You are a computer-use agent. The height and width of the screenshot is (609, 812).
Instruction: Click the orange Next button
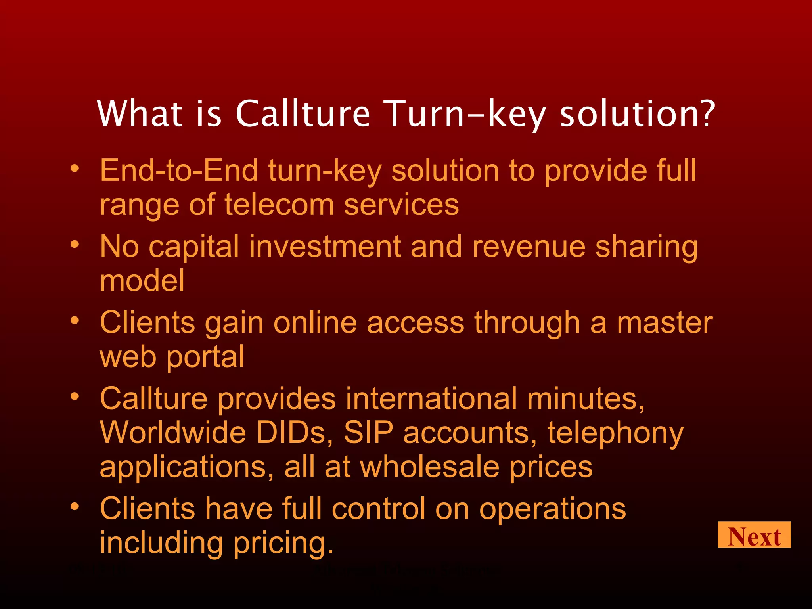tap(754, 535)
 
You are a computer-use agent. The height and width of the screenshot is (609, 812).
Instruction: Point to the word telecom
tap(279, 205)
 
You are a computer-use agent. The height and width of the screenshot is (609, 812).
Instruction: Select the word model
tap(142, 281)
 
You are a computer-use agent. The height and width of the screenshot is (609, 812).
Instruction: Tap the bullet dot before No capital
tap(75, 245)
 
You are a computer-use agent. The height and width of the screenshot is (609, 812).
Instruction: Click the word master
tap(665, 323)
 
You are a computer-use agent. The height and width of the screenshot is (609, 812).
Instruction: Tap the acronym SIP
tap(368, 433)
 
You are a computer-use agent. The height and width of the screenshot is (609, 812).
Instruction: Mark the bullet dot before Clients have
tap(75, 506)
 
